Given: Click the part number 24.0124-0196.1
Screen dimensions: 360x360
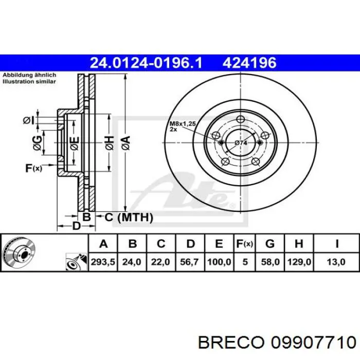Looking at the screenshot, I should [146, 63].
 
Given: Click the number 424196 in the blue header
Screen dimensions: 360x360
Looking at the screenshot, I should [249, 63].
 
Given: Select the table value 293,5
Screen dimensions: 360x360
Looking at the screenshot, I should [103, 262].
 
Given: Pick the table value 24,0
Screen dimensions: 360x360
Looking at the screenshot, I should [131, 262].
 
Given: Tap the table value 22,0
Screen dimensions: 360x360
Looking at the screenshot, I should [161, 262].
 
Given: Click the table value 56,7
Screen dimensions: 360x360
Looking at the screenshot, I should [190, 262].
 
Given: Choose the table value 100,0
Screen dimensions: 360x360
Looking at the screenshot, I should [219, 262].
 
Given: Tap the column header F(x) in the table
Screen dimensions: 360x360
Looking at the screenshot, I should [245, 243].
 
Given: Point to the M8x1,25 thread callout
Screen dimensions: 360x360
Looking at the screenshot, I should [183, 124].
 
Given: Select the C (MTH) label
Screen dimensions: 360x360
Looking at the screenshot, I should [129, 218].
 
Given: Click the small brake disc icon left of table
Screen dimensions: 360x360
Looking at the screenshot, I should [18, 253].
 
